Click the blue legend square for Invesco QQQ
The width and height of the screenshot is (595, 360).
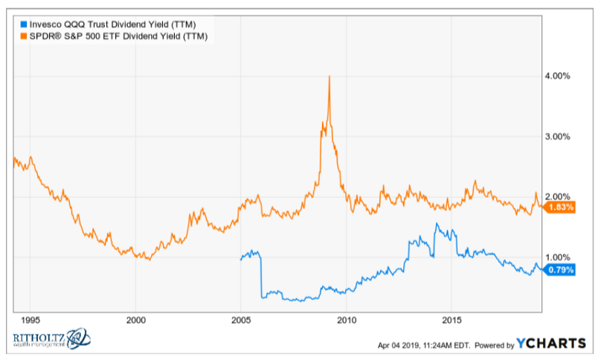(x=22, y=25)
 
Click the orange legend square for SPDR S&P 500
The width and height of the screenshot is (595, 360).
(x=22, y=36)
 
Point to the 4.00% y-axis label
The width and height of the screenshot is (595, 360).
(x=559, y=76)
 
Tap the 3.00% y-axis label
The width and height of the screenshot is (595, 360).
(x=559, y=137)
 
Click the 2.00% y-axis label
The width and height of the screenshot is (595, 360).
(x=559, y=197)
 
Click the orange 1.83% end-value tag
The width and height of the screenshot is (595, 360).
(x=560, y=208)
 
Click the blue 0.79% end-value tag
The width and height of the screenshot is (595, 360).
(x=560, y=270)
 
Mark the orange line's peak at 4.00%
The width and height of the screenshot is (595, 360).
(x=329, y=77)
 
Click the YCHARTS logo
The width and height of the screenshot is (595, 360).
(x=550, y=344)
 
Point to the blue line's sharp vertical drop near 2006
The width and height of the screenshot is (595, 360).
(x=261, y=275)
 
